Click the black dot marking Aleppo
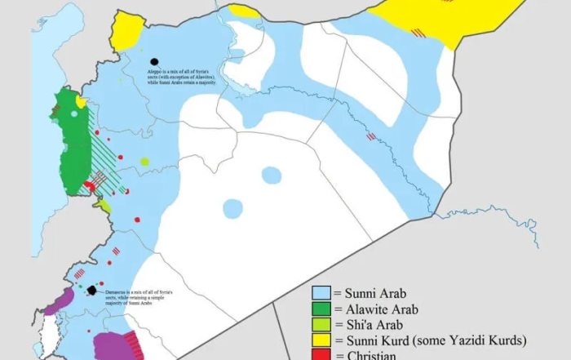pyautogui.click(x=153, y=61)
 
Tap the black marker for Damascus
pyautogui.click(x=92, y=291)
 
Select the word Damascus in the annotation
pyautogui.click(x=118, y=291)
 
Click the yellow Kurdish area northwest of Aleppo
pyautogui.click(x=127, y=32)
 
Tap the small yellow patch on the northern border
pyautogui.click(x=243, y=11)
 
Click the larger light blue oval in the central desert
pyautogui.click(x=271, y=175)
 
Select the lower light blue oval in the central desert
pyautogui.click(x=232, y=209)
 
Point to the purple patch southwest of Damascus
pyautogui.click(x=59, y=304)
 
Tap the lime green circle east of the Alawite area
pyautogui.click(x=144, y=162)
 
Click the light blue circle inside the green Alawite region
pyautogui.click(x=74, y=113)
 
